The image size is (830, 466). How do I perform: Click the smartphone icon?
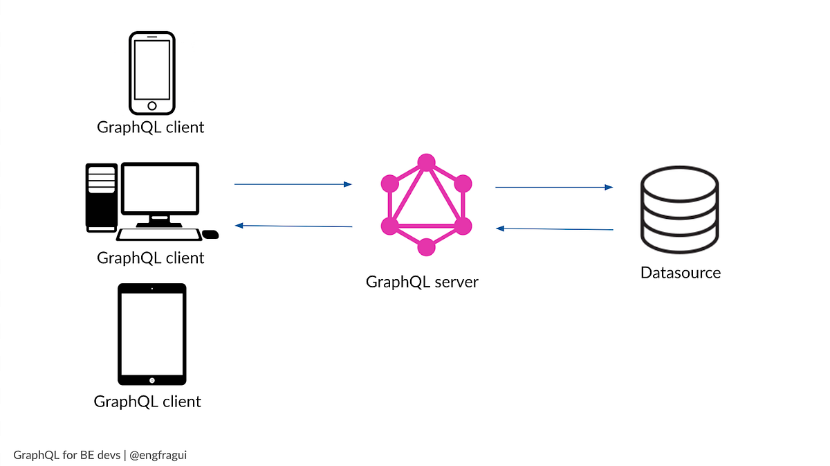point(152,73)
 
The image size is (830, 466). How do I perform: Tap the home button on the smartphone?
point(152,106)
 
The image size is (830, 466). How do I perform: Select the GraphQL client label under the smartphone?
point(151,127)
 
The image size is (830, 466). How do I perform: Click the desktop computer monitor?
point(160,188)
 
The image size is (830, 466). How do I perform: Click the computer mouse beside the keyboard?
point(210,235)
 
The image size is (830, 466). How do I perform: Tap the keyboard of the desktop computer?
point(158,235)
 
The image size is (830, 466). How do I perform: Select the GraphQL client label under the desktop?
point(151,258)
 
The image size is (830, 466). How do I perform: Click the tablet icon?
point(152,334)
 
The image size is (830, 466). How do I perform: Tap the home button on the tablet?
point(152,379)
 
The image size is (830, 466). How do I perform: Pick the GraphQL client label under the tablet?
point(147,402)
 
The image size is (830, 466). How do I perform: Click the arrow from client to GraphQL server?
point(293,184)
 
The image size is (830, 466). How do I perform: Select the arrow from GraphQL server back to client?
point(293,226)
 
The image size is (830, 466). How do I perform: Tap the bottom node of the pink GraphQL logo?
point(426,247)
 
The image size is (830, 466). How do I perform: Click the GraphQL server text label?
point(422,283)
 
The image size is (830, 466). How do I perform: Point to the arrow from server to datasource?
point(554,187)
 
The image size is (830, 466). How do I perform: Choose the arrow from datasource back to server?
point(554,228)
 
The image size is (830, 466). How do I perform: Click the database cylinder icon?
point(680,210)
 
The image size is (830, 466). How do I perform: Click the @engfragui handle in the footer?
point(158,455)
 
